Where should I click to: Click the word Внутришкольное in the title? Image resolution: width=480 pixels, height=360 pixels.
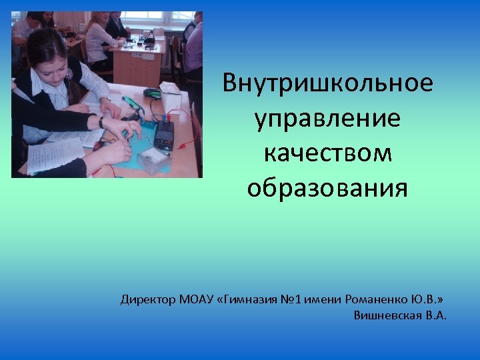(327, 83)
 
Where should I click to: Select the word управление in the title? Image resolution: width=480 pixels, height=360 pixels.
(327, 119)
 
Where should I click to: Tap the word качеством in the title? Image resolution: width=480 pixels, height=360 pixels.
(327, 153)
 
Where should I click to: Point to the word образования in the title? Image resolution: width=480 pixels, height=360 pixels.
(327, 188)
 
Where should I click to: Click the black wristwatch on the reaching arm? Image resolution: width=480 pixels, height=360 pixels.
(101, 121)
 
